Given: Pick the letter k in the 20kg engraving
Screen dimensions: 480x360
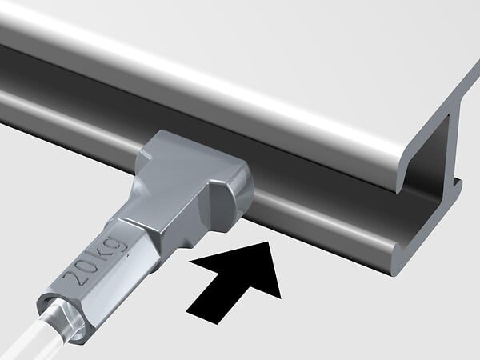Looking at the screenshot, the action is point(102,253).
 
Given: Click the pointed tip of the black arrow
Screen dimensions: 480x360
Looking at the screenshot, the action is point(269,242).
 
